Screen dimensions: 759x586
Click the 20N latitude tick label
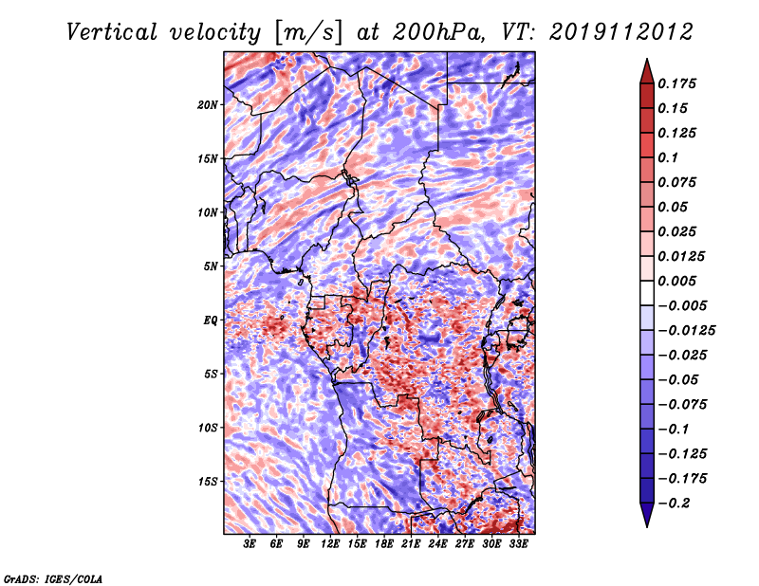(x=208, y=104)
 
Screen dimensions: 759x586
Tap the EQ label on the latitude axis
(x=210, y=320)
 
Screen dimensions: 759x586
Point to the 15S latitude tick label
(x=208, y=482)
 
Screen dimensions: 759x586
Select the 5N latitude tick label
(x=211, y=266)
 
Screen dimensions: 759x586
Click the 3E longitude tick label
(x=249, y=544)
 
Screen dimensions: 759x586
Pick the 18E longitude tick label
(x=383, y=544)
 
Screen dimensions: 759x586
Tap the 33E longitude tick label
(x=518, y=544)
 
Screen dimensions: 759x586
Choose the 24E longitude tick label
(x=437, y=544)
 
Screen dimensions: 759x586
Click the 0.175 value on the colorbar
(x=676, y=83)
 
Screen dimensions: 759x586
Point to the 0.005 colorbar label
(x=676, y=281)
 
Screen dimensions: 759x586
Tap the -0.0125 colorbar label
(x=686, y=331)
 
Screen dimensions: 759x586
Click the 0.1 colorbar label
(x=668, y=157)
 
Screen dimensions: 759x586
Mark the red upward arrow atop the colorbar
(x=647, y=71)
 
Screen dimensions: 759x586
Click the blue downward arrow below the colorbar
(x=647, y=515)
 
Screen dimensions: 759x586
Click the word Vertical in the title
(x=112, y=32)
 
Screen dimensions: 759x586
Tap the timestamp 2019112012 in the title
(x=621, y=32)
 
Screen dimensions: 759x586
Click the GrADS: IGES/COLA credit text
(x=53, y=578)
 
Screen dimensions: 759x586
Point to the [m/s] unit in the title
(x=308, y=32)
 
